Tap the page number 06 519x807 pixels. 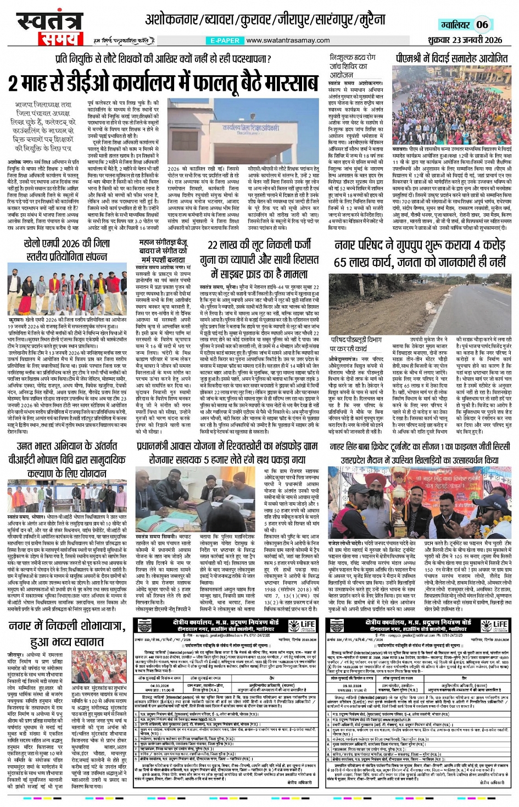tap(482, 24)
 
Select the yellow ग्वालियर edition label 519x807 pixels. tap(455, 25)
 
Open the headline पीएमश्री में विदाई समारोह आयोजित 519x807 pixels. tap(451, 58)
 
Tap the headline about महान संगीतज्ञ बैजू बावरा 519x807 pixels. tap(163, 250)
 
